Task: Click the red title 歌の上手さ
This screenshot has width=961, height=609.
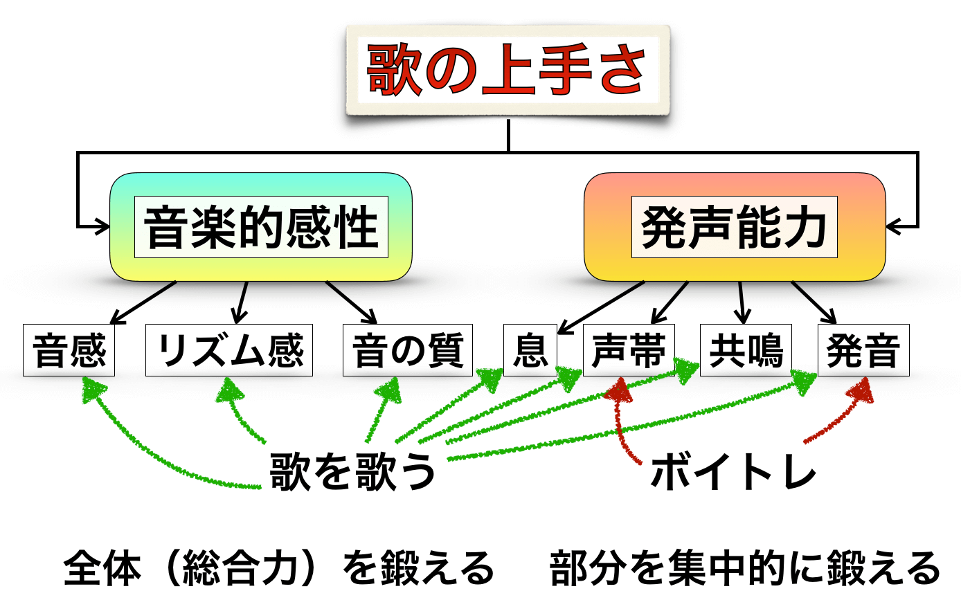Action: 508,70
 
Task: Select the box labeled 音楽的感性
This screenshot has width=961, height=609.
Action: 261,227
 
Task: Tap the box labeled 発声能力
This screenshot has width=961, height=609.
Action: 734,227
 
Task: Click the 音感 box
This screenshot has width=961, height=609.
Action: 69,350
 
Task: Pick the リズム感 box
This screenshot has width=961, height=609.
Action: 228,350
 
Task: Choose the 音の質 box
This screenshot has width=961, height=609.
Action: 407,350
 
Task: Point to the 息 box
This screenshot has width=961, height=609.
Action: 530,350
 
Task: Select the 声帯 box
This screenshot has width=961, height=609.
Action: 628,350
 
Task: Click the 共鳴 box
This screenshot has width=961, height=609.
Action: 745,350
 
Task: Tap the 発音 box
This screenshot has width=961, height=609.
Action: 863,350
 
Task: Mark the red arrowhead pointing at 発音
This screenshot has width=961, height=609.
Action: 859,392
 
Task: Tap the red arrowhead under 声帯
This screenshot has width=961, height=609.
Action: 619,392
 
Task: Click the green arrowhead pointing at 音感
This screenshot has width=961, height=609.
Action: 91,391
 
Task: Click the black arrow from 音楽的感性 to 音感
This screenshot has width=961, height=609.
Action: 143,302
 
